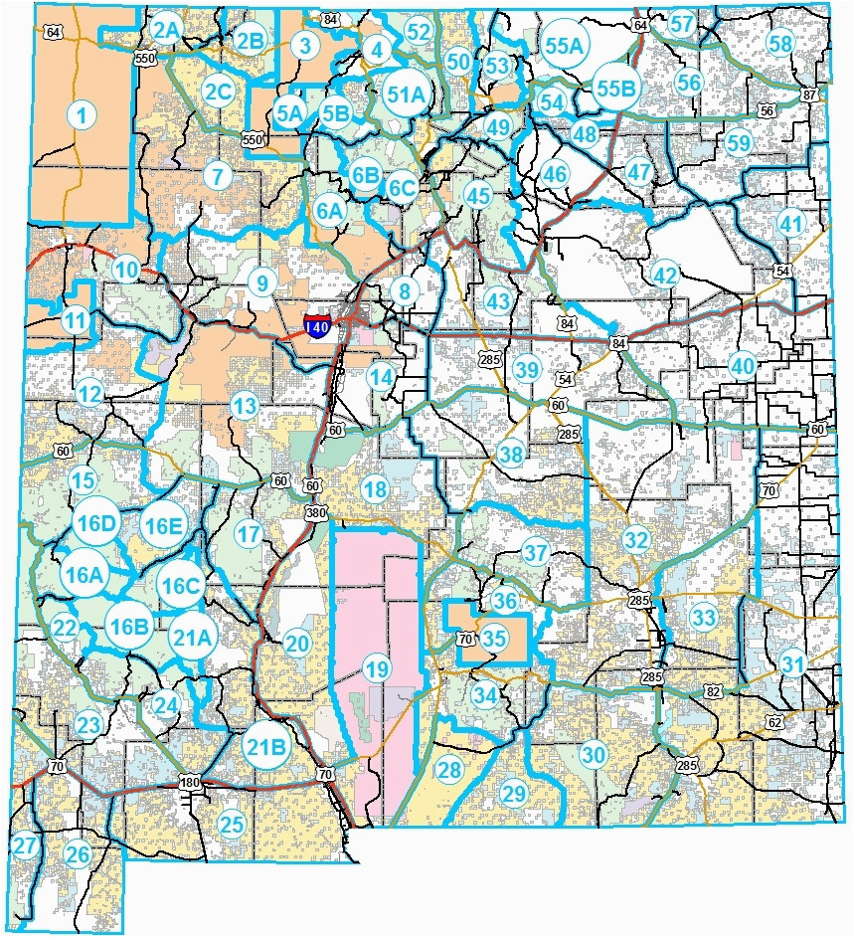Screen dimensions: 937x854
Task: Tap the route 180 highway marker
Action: (190, 783)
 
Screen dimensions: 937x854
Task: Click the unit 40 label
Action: (742, 365)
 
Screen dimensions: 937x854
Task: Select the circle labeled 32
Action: (636, 539)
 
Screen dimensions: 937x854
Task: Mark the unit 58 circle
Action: (780, 44)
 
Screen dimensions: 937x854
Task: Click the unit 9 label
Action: (260, 284)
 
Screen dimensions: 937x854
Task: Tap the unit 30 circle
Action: (594, 755)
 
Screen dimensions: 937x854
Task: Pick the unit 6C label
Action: (402, 187)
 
